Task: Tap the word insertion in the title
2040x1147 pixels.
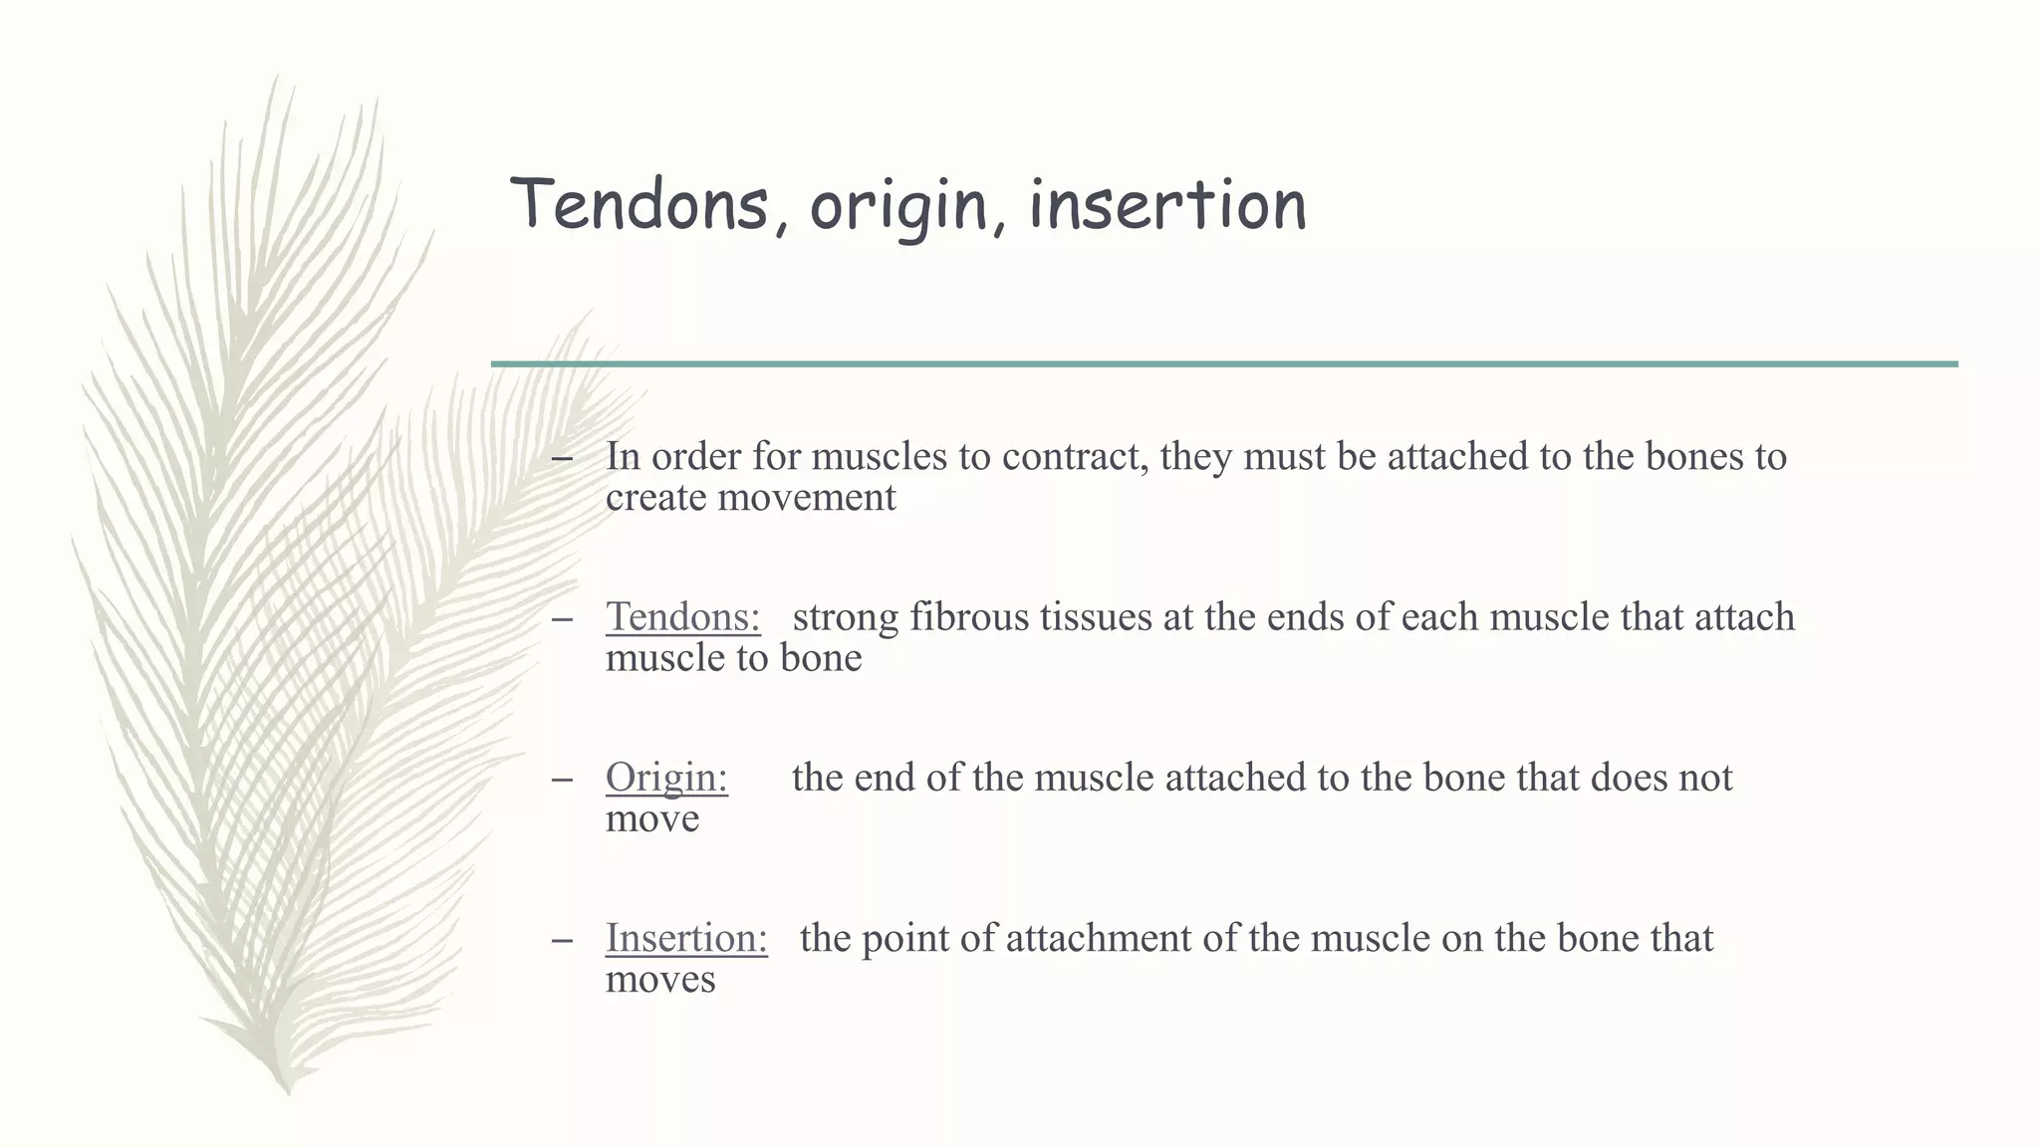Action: pos(1166,204)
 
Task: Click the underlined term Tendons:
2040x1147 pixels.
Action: pos(682,617)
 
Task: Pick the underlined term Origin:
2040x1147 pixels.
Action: pos(666,778)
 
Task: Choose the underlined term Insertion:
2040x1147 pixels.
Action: pos(686,938)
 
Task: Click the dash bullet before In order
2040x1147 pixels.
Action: pos(562,458)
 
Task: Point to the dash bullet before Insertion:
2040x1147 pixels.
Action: pos(562,939)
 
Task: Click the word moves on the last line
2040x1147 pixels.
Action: pos(660,980)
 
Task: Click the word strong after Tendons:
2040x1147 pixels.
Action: pos(846,617)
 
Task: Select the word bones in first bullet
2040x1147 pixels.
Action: pos(1693,457)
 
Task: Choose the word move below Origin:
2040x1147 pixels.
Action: pos(651,819)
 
